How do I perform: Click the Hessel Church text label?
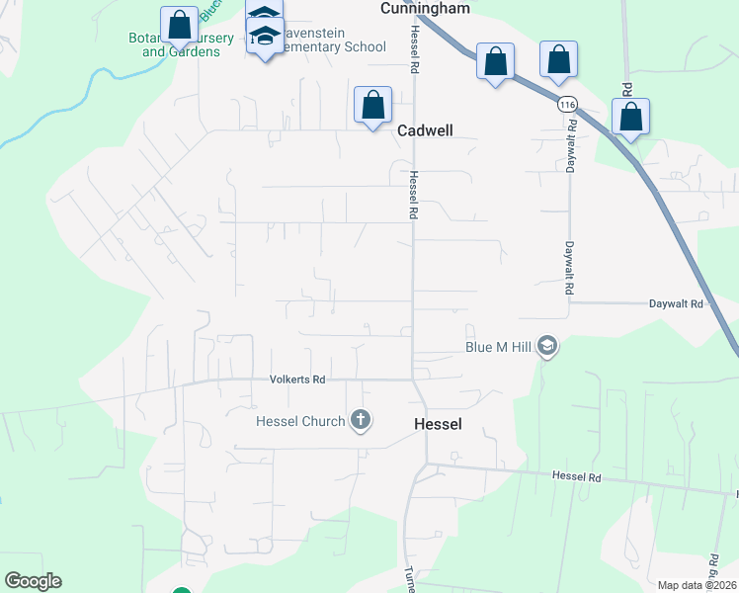click(x=300, y=421)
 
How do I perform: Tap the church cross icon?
click(x=361, y=421)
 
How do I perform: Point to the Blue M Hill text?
click(x=499, y=347)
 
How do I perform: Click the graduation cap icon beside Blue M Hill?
click(x=548, y=347)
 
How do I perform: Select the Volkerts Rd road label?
click(x=297, y=380)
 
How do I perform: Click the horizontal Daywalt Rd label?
click(x=676, y=304)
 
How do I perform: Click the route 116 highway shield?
click(x=566, y=105)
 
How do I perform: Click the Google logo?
click(x=33, y=581)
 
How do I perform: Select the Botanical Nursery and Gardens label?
click(x=181, y=44)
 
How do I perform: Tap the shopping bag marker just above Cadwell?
click(x=372, y=105)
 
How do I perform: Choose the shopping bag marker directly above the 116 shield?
click(x=558, y=60)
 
